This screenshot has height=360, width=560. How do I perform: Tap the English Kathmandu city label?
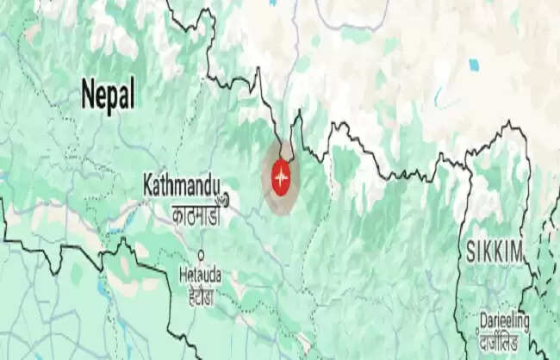tap(182, 183)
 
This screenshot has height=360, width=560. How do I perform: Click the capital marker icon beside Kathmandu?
tap(226, 199)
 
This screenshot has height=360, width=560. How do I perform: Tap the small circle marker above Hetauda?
tap(201, 255)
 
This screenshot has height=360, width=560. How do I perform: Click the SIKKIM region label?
tap(495, 252)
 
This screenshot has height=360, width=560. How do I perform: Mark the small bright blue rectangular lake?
tap(472, 64)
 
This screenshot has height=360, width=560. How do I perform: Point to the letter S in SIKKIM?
tap(471, 252)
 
